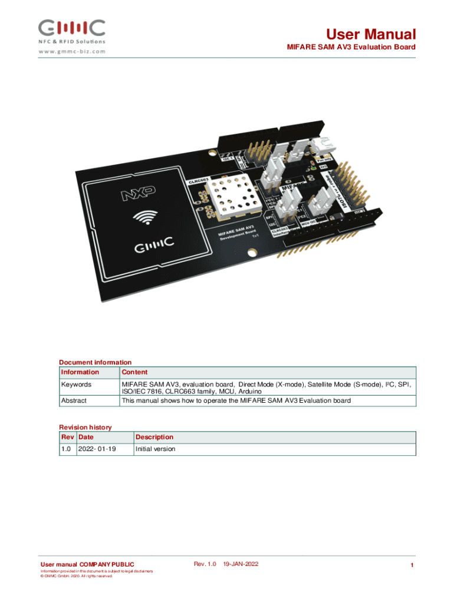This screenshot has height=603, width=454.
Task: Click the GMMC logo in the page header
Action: (x=72, y=28)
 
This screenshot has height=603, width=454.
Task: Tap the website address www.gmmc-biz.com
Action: (x=73, y=51)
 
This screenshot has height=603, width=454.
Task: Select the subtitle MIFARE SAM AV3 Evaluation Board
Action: (x=351, y=47)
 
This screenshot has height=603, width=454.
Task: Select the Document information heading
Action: (x=95, y=362)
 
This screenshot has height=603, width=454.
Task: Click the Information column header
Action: (x=80, y=372)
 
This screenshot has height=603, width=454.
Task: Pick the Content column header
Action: (x=134, y=372)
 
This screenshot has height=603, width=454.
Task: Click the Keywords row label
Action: (x=77, y=385)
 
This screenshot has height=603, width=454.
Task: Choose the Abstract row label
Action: (x=74, y=400)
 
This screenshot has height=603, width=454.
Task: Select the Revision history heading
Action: (x=85, y=427)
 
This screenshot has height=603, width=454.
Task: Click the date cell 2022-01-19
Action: (x=94, y=449)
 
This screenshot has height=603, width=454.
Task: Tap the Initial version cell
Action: (x=156, y=449)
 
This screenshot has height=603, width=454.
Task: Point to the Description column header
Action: (x=154, y=437)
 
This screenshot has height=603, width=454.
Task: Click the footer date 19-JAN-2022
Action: (x=241, y=564)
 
